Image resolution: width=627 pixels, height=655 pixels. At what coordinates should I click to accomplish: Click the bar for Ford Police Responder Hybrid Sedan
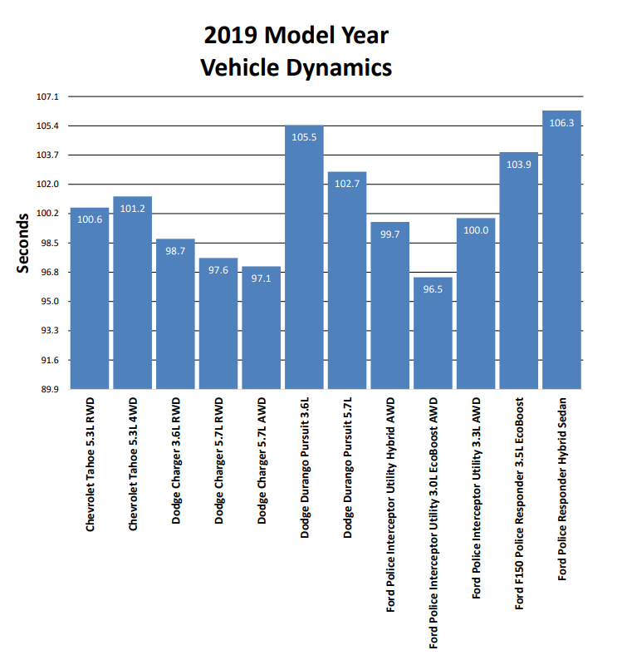[x=561, y=249]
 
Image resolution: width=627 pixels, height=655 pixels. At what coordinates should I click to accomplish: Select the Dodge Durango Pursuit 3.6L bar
[x=304, y=258]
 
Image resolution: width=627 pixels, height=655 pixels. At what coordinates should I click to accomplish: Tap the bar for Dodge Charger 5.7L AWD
[x=262, y=327]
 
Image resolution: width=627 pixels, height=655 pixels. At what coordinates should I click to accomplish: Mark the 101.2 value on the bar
[x=133, y=209]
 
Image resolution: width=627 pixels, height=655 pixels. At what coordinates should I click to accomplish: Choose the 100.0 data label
[x=476, y=230]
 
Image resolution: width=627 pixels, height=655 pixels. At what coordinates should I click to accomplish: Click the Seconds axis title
[x=24, y=244]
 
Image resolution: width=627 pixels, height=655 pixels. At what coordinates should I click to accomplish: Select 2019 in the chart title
[x=230, y=36]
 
